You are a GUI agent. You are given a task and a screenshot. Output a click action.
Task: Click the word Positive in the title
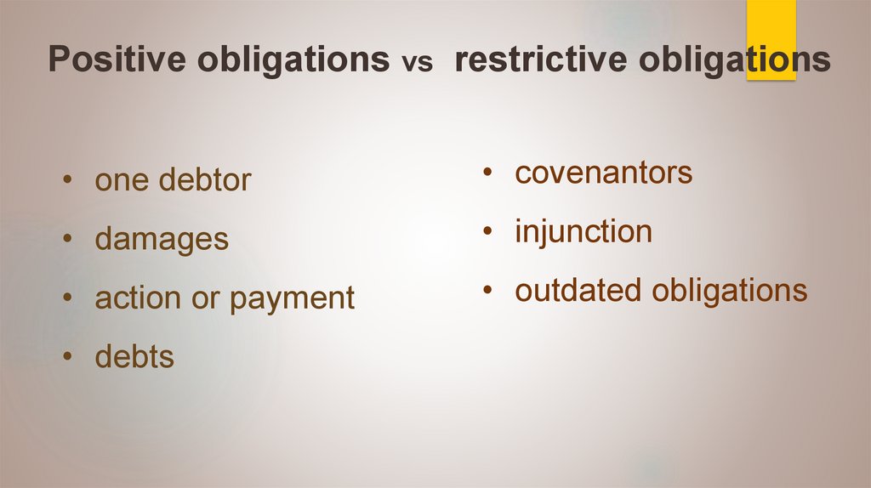pyautogui.click(x=111, y=60)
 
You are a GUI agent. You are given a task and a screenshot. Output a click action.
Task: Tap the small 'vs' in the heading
pyautogui.click(x=417, y=64)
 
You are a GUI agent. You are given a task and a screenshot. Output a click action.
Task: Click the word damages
pyautogui.click(x=162, y=240)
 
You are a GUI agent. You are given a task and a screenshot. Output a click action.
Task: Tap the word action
pyautogui.click(x=137, y=298)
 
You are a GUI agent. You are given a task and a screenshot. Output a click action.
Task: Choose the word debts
pyautogui.click(x=134, y=357)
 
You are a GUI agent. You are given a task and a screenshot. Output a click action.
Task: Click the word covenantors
pyautogui.click(x=603, y=173)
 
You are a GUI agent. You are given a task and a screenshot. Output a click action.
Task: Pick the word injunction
pyautogui.click(x=583, y=232)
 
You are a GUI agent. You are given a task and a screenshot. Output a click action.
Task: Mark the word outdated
pyautogui.click(x=579, y=291)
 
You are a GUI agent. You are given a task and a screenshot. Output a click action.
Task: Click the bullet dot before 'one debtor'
pyautogui.click(x=67, y=181)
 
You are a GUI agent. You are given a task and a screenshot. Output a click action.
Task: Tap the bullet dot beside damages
pyautogui.click(x=67, y=240)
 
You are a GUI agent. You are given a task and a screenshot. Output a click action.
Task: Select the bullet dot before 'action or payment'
pyautogui.click(x=67, y=298)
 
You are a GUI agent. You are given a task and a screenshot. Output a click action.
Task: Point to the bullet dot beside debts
pyautogui.click(x=67, y=357)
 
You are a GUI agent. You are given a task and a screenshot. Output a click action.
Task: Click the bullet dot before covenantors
pyautogui.click(x=487, y=173)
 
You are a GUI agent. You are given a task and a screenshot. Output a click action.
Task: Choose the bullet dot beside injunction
pyautogui.click(x=487, y=232)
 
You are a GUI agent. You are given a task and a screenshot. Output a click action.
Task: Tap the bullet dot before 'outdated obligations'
pyautogui.click(x=487, y=291)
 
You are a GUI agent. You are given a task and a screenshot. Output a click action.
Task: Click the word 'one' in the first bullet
pyautogui.click(x=118, y=181)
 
